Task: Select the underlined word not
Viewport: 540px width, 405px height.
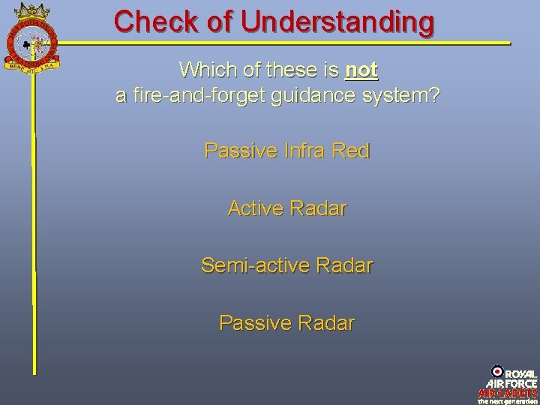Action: coord(361,70)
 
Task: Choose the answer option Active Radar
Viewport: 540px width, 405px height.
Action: coord(287,208)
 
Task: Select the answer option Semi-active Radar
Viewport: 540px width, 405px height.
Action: coord(287,265)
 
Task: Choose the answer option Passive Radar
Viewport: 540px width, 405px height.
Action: coord(287,322)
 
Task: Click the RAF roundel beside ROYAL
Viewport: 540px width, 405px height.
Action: coord(496,371)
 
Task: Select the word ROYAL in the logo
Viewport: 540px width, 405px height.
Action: coord(520,373)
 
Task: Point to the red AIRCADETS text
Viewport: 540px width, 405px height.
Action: coord(508,392)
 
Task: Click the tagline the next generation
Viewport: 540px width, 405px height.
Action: coord(508,400)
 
